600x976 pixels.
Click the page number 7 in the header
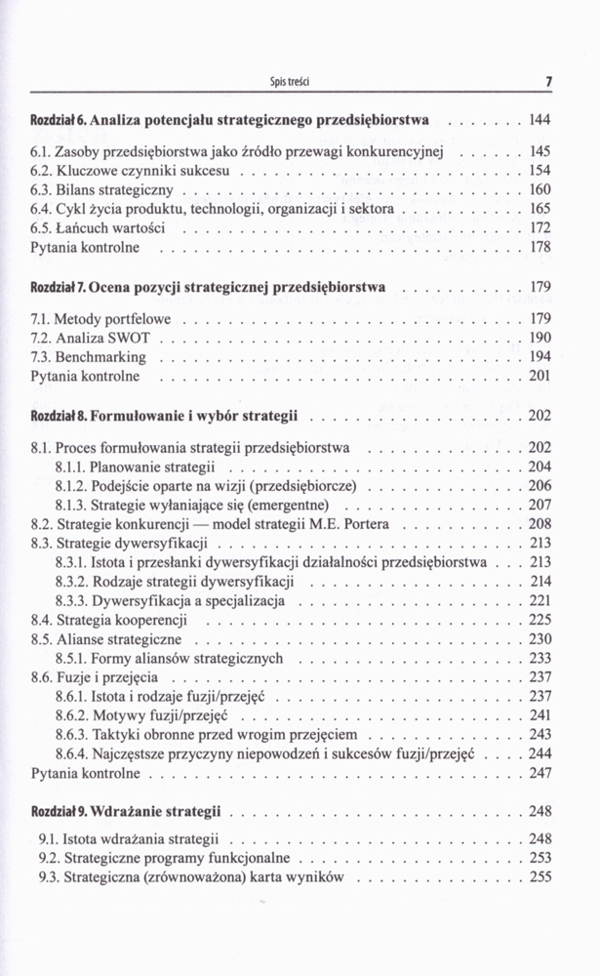549,82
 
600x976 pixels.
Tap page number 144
540,122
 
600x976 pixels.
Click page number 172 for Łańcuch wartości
540,228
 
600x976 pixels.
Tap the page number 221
540,600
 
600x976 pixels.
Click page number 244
540,753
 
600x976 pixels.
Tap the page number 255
540,877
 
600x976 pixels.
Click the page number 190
540,338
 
